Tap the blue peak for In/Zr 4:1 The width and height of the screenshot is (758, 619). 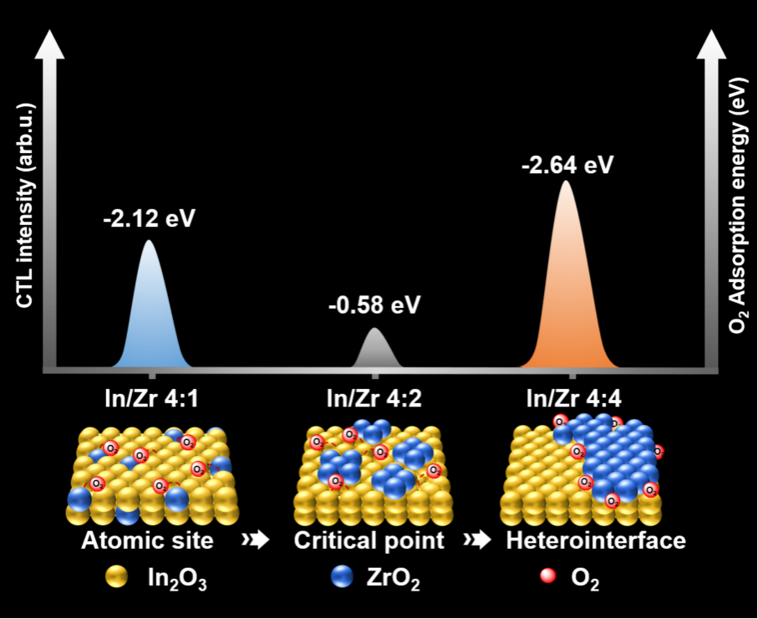coord(150,318)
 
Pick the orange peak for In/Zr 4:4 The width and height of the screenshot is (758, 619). coord(567,293)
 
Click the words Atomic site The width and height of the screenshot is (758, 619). coord(147,540)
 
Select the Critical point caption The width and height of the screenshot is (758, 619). coord(369,540)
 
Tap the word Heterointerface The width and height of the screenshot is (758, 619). coord(596,540)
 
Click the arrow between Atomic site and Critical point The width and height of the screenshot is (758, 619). coord(255,541)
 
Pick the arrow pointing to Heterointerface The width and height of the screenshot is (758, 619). coord(481,541)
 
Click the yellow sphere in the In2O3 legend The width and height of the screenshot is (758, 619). coord(116,576)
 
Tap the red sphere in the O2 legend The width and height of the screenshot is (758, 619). coord(548,576)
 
